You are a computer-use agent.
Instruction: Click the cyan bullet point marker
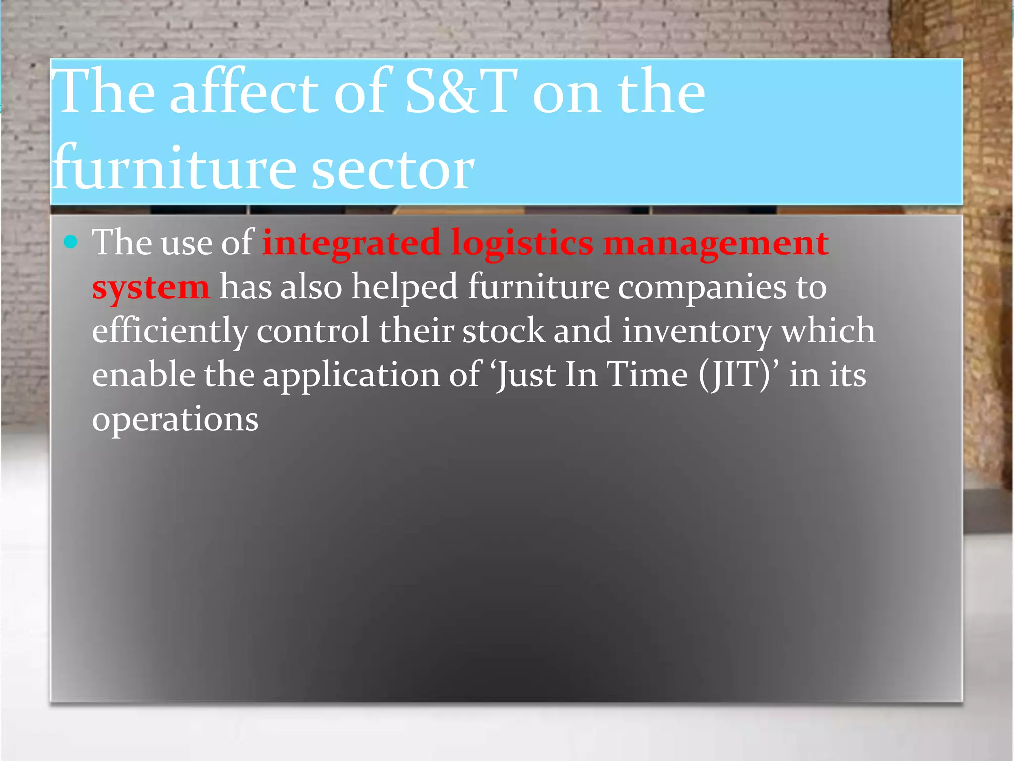71,242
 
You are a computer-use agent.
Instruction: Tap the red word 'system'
151,287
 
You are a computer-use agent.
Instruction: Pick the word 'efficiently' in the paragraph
170,331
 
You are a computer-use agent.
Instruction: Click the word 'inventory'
697,331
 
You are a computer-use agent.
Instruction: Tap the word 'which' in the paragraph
828,331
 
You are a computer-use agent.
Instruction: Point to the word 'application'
351,375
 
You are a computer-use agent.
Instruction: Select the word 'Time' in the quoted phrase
647,375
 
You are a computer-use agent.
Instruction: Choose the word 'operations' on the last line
175,419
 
